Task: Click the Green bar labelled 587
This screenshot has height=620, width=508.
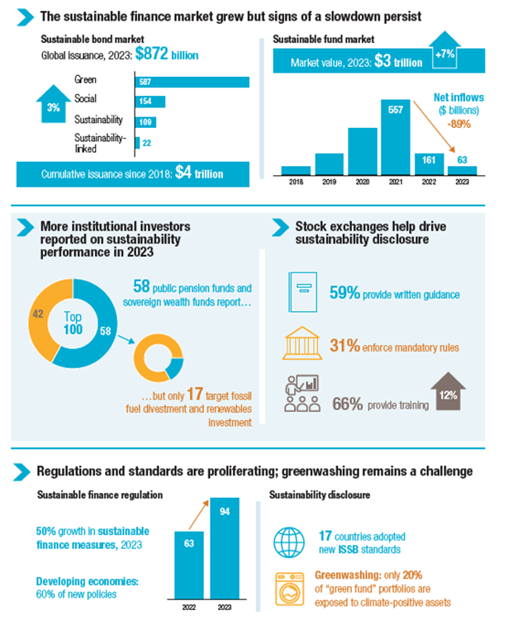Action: (x=192, y=82)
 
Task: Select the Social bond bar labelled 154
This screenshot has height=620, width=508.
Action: (x=150, y=102)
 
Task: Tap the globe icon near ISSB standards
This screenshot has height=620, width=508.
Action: (x=290, y=542)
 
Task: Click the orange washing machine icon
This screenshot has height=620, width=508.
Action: (x=290, y=586)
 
